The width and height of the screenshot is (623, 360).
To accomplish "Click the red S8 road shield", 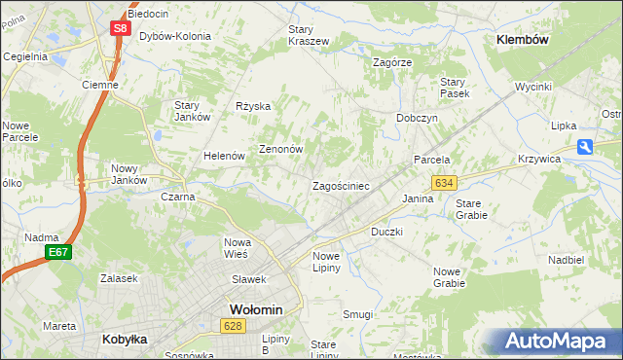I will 119,28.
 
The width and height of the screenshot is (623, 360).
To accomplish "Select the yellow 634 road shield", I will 445,183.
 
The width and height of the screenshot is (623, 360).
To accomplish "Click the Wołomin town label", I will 255,309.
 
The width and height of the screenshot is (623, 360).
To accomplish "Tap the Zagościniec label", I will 340,185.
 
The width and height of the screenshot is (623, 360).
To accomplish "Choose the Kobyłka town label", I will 124,340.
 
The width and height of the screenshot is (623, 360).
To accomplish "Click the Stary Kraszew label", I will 309,35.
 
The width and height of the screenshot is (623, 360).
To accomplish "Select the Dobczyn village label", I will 417,117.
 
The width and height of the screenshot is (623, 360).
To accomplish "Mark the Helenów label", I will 223,156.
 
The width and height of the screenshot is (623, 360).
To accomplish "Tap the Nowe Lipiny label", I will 326,262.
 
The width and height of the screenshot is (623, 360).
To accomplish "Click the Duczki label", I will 386,233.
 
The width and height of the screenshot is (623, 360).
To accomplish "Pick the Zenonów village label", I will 281,150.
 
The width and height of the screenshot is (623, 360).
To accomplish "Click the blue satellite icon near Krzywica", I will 584,147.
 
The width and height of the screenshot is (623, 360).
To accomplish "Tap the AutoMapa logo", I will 557,341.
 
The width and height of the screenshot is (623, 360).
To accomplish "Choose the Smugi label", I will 358,314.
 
